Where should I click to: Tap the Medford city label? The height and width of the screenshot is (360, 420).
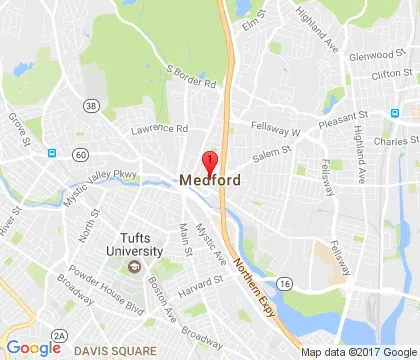click(210, 181)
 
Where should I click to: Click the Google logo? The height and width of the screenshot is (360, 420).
click(33, 347)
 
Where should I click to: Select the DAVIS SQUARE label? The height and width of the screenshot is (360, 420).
click(115, 350)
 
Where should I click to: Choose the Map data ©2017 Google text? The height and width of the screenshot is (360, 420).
click(358, 351)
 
